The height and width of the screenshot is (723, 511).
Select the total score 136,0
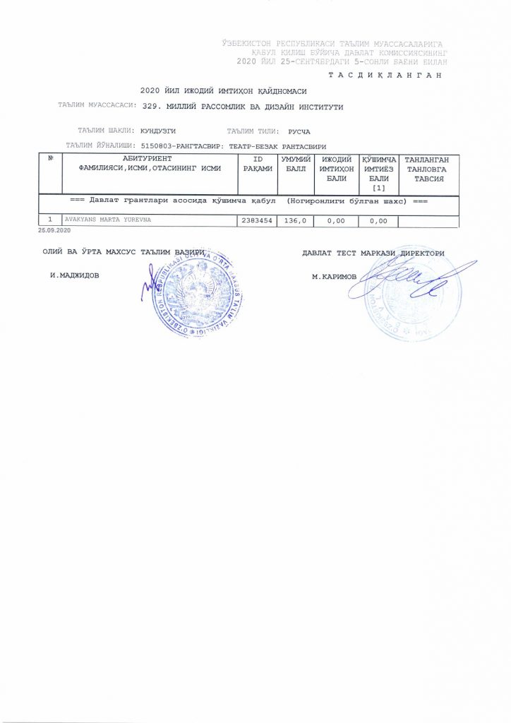[x=294, y=221]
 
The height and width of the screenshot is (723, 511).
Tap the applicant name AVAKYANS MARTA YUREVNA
[x=108, y=220]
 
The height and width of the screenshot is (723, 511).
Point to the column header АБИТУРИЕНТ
[x=148, y=160]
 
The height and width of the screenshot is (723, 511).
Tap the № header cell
[x=50, y=159]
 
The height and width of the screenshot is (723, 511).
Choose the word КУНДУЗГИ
[x=158, y=131]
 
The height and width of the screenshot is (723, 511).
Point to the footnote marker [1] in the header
[x=378, y=188]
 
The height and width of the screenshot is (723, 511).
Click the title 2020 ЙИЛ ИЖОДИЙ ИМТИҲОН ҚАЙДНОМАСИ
[x=223, y=91]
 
